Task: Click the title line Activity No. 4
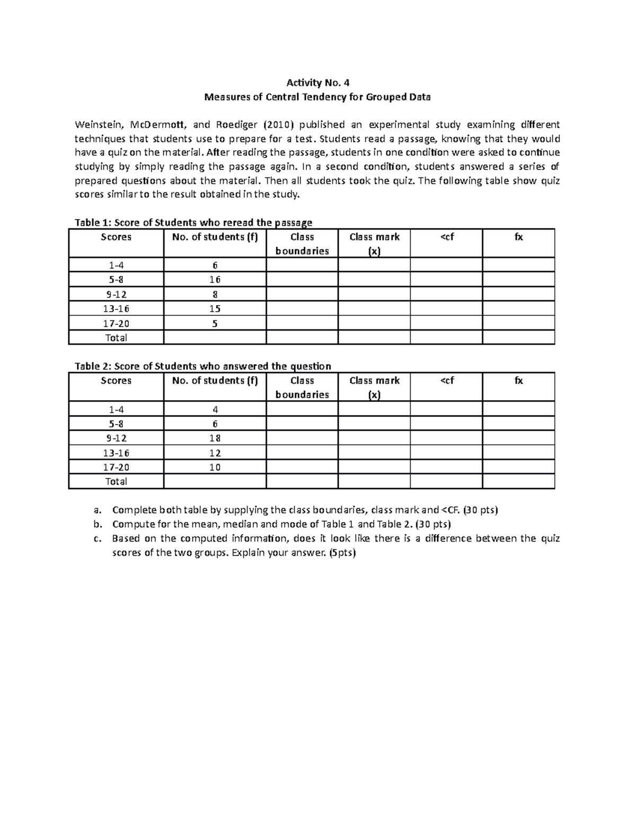coord(317,83)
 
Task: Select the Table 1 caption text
coord(193,223)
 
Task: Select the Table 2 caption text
coord(202,366)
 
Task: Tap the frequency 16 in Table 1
coord(215,280)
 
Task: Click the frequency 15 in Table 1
coord(215,309)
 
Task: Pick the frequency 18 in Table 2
coord(215,438)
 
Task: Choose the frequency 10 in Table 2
coord(215,467)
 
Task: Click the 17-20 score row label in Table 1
coord(116,323)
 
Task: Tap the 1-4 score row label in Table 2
coord(116,409)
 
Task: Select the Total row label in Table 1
coord(116,338)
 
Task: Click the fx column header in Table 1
coord(518,237)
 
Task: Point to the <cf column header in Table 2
coord(446,381)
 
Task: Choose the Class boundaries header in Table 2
coord(302,387)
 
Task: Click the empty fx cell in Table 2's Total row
coord(518,481)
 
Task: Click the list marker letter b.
coord(96,525)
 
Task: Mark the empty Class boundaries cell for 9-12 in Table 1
coord(302,295)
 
